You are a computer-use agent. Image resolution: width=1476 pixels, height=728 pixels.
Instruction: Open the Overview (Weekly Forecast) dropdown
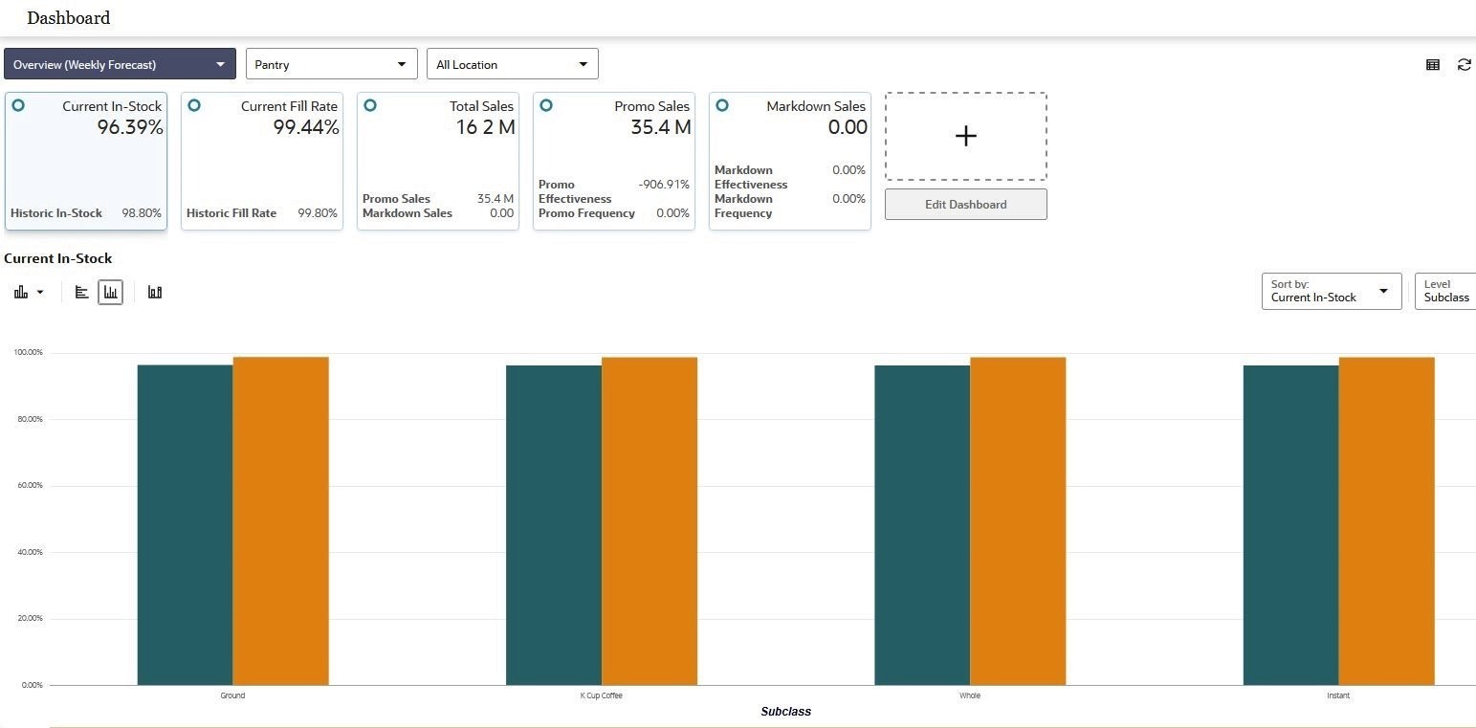click(120, 64)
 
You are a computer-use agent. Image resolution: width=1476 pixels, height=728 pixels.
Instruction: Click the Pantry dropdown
click(331, 64)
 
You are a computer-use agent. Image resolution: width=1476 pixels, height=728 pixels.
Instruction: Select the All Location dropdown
click(512, 64)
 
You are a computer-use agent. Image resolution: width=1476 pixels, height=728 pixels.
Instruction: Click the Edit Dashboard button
click(965, 205)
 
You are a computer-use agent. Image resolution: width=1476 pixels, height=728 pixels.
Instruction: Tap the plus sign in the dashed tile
click(965, 136)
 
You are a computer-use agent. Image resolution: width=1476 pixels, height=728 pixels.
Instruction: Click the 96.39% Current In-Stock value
click(130, 127)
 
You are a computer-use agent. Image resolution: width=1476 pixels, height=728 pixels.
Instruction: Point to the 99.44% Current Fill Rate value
click(306, 127)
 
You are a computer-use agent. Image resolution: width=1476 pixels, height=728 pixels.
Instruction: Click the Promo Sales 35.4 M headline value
click(660, 127)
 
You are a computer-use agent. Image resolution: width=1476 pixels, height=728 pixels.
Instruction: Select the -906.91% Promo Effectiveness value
click(663, 185)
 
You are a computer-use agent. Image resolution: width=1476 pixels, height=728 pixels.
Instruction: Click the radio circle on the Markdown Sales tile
click(722, 105)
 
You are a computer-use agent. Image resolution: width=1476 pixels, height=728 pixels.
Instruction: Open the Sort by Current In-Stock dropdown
click(1331, 292)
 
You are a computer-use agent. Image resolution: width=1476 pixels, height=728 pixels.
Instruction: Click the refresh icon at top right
click(1464, 65)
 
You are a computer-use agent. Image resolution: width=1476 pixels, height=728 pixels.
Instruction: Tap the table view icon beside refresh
click(1432, 65)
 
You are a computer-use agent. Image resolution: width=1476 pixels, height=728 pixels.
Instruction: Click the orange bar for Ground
click(280, 521)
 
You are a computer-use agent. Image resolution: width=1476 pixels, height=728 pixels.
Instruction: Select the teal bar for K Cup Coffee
click(554, 525)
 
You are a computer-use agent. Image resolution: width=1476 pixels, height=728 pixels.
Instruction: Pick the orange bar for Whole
click(1018, 521)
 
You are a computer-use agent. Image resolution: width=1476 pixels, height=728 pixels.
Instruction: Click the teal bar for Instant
click(1290, 525)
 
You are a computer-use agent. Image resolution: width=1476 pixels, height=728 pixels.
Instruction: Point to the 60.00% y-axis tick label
click(28, 486)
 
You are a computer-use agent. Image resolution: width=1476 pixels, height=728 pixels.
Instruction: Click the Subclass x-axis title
click(785, 712)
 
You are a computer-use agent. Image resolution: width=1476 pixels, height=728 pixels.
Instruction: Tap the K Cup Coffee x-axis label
click(601, 695)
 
